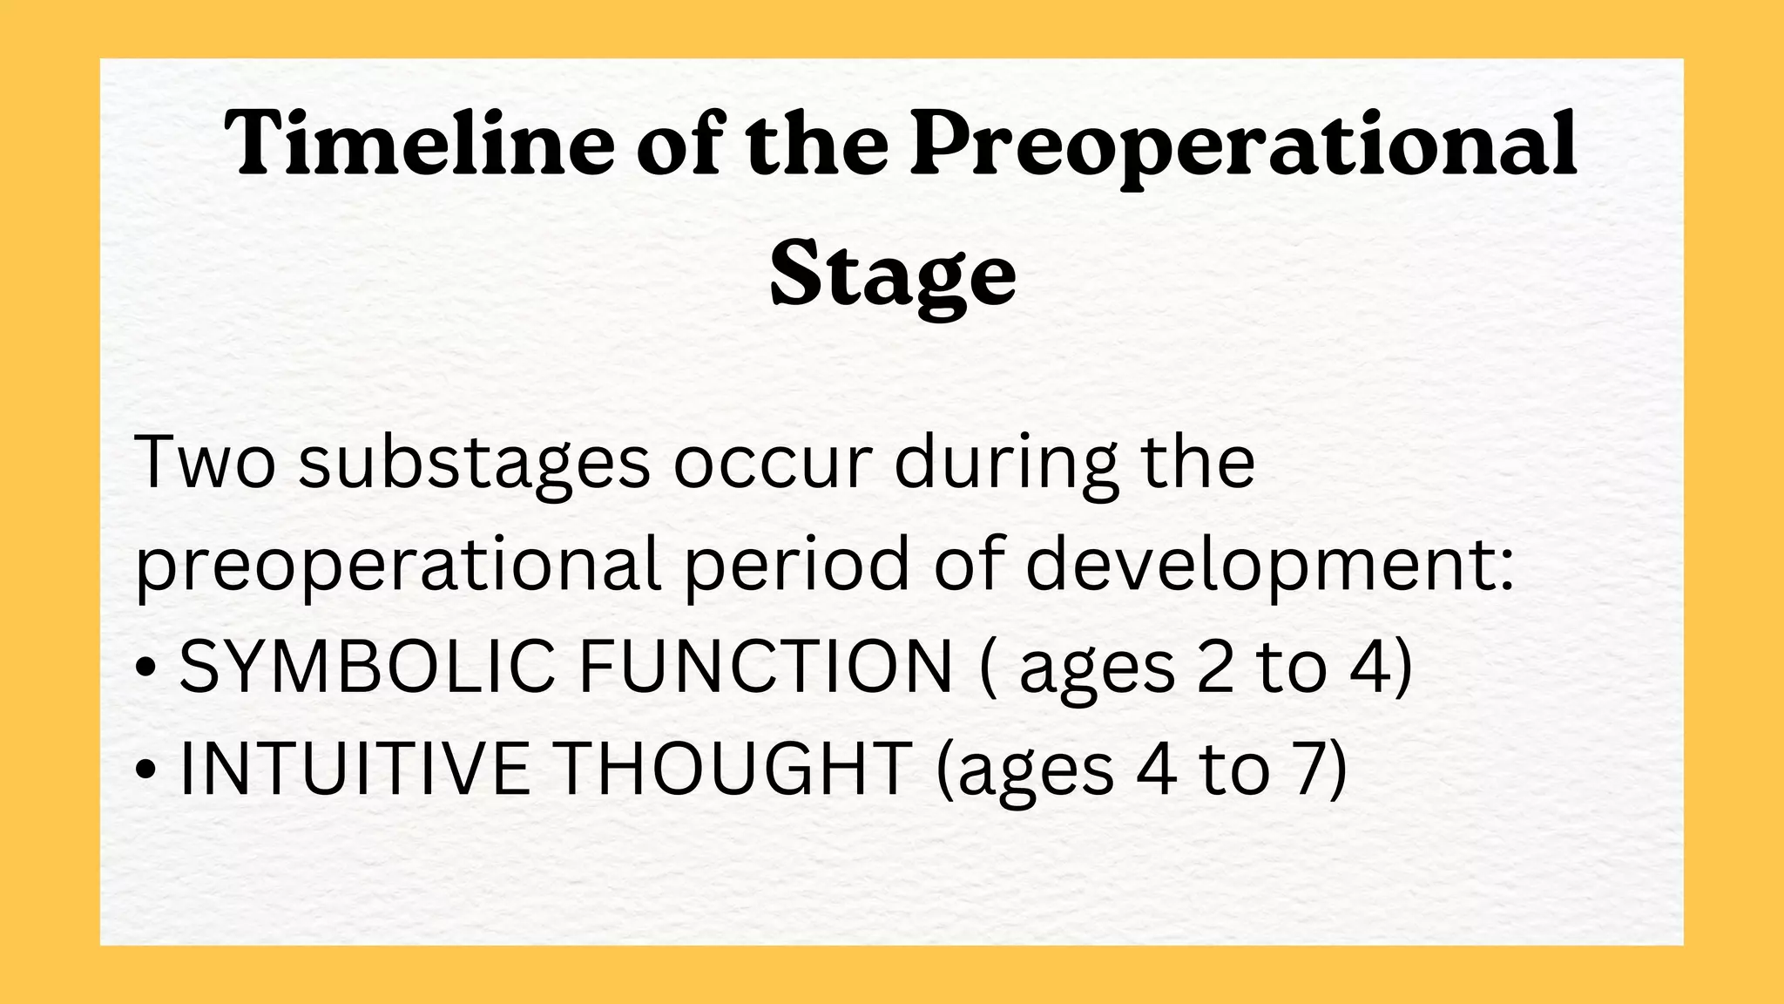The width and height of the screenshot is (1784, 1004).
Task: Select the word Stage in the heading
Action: tap(893, 275)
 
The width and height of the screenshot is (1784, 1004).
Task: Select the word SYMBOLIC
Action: tap(367, 668)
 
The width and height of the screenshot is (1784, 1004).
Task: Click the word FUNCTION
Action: tap(766, 668)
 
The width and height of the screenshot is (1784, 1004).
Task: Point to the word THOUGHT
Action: tap(733, 769)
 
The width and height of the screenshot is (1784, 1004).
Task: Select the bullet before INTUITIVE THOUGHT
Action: tap(147, 770)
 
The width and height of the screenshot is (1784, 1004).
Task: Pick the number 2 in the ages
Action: tap(1216, 668)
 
